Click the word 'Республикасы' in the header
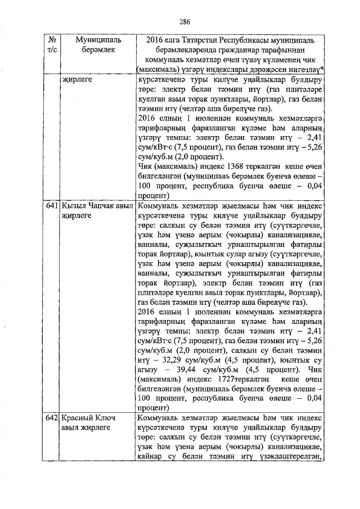[249, 40]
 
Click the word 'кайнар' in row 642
[148, 456]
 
